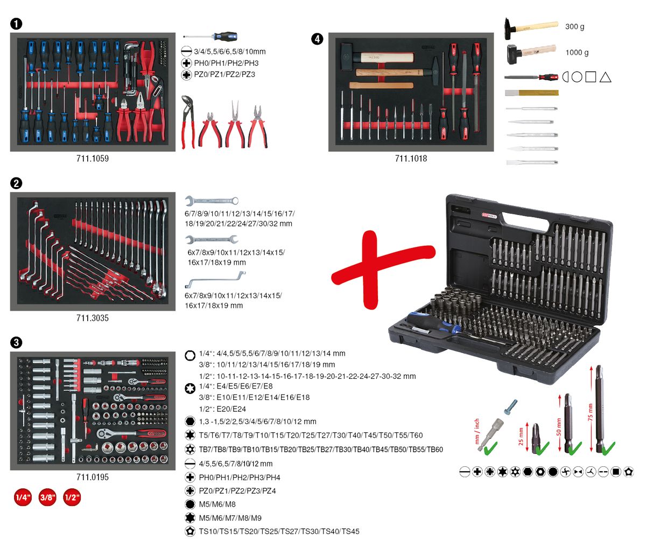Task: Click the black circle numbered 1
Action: [16, 24]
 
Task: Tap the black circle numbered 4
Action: [317, 39]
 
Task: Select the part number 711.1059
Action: [93, 158]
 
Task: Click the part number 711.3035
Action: [93, 318]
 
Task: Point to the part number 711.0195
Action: [93, 478]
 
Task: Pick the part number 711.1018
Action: [411, 158]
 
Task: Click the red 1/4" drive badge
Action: [23, 497]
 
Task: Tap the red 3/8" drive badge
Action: [47, 497]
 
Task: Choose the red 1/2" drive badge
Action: [72, 497]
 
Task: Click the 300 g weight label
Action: [574, 27]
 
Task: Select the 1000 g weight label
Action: [577, 53]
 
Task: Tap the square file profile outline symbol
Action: [591, 77]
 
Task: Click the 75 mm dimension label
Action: [590, 412]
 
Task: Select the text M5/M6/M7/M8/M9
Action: [230, 518]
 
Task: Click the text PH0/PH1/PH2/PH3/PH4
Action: [240, 478]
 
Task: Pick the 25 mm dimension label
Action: [521, 437]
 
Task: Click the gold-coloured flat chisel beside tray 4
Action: [532, 93]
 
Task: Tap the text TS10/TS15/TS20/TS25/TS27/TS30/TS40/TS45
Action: [279, 531]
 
